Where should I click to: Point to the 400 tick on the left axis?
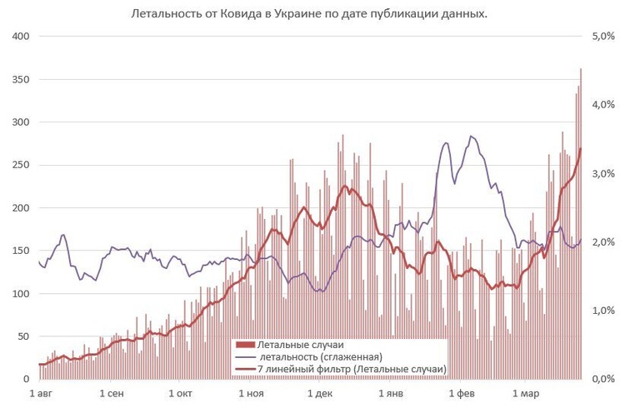[x=20, y=37]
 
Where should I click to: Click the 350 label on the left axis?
[x=20, y=80]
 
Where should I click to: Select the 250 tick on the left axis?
[x=20, y=165]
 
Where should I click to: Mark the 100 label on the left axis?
[x=20, y=294]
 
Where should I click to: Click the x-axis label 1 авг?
[x=42, y=392]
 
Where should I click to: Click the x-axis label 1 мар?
[x=525, y=392]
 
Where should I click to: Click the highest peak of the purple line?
[x=472, y=137]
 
